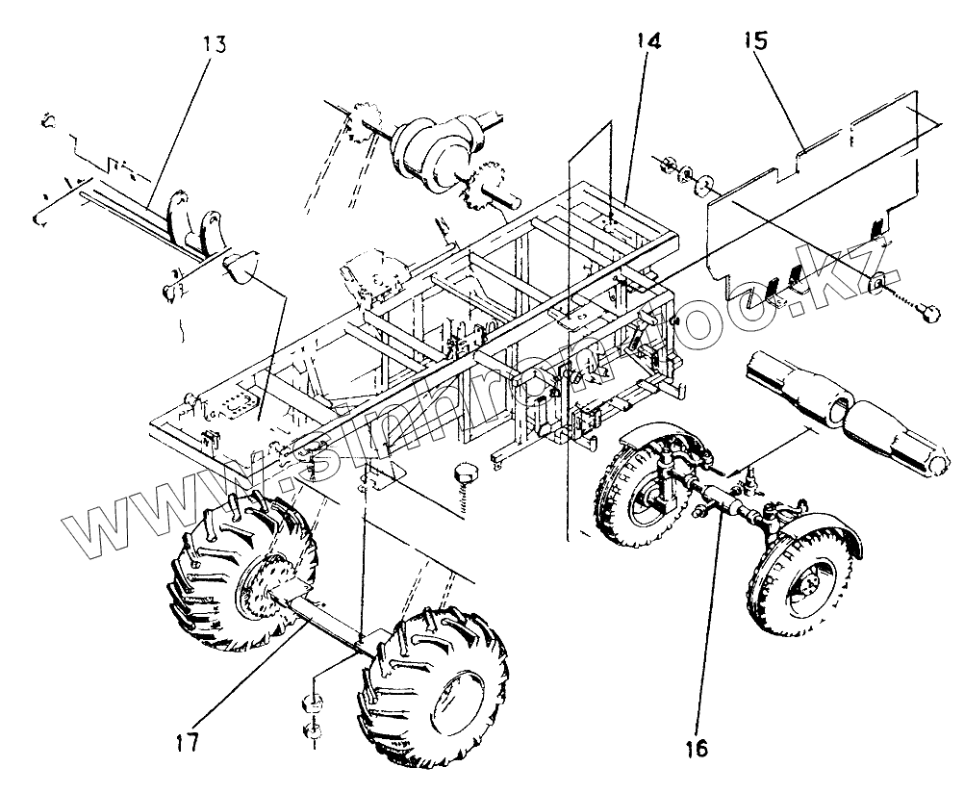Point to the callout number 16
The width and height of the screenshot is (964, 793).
click(x=697, y=746)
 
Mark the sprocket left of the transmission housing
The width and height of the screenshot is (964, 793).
click(x=361, y=122)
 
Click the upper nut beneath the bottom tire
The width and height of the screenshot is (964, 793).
click(x=313, y=702)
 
